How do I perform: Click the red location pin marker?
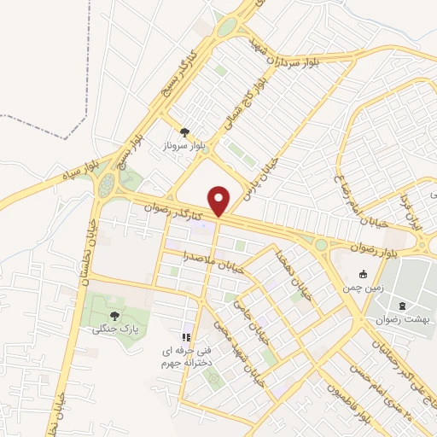point(220,201)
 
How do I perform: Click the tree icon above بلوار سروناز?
point(184,131)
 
